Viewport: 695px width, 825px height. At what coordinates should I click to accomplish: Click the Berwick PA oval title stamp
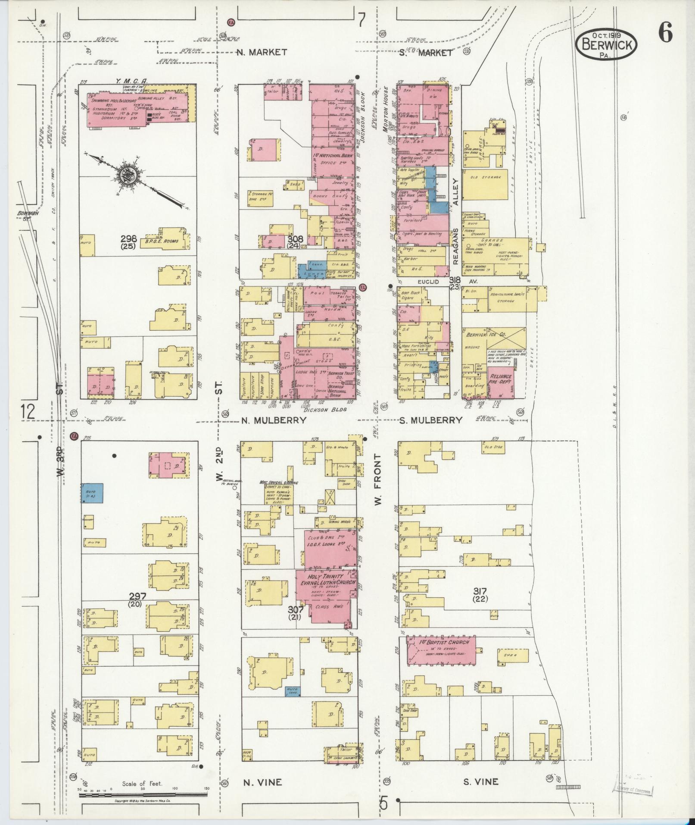tap(606, 44)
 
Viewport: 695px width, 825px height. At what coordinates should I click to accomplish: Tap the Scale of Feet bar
tap(143, 793)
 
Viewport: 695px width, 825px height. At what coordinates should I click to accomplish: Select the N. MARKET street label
tap(262, 52)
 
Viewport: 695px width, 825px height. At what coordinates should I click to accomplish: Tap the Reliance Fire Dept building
tap(500, 381)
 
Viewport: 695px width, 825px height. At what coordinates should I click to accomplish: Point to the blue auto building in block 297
tap(93, 493)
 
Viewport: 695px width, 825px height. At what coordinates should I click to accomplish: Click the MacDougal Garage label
tap(278, 483)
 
